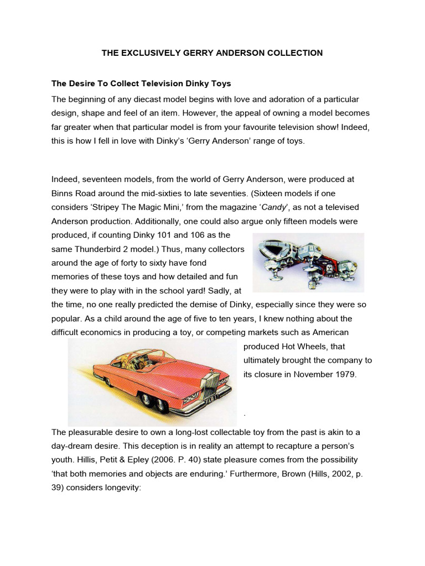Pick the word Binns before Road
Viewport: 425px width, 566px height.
pyautogui.click(x=63, y=193)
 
